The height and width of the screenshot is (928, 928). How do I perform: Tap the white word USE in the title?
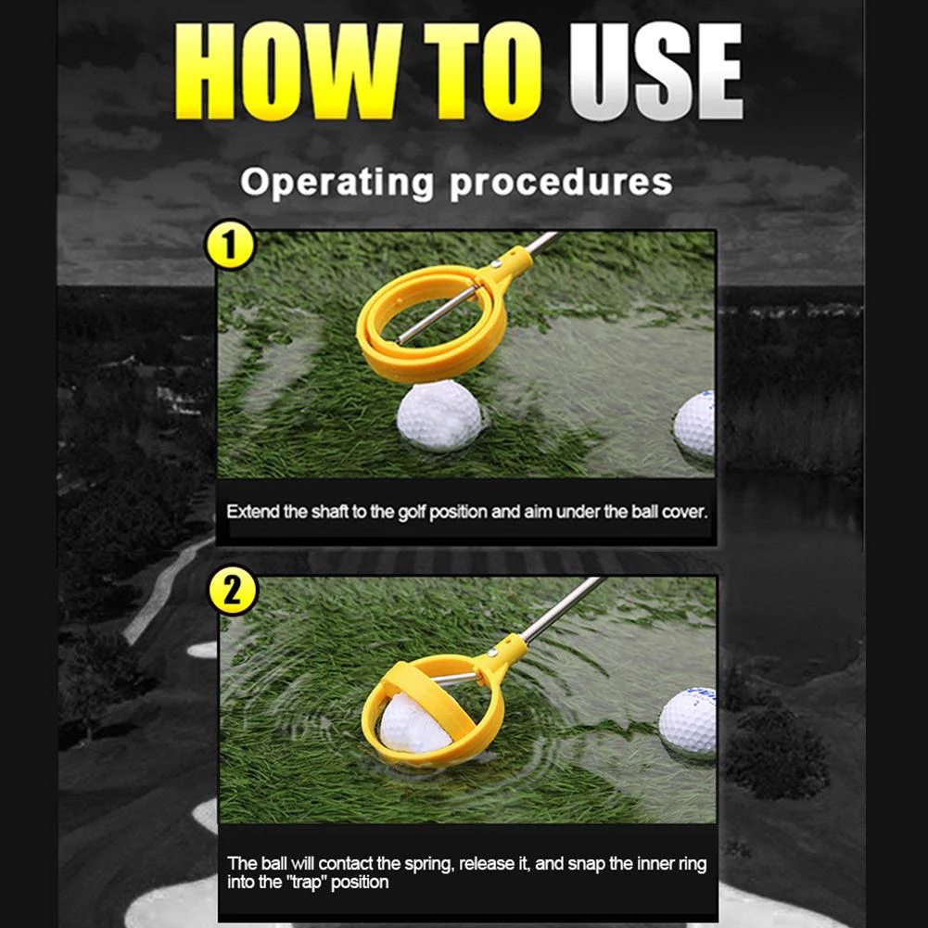pyautogui.click(x=655, y=71)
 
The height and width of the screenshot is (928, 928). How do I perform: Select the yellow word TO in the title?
pyautogui.click(x=482, y=71)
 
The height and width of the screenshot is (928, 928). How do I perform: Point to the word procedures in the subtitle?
pyautogui.click(x=561, y=183)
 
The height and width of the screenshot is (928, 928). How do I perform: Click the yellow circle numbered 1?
pyautogui.click(x=230, y=245)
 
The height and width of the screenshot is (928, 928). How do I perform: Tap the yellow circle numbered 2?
pyautogui.click(x=233, y=590)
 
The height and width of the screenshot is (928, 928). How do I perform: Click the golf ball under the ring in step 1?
pyautogui.click(x=440, y=415)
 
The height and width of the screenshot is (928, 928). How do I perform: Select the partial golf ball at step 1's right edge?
pyautogui.click(x=694, y=424)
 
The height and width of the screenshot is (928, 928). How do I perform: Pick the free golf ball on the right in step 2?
pyautogui.click(x=688, y=721)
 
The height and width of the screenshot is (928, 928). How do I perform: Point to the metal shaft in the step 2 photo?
pyautogui.click(x=559, y=610)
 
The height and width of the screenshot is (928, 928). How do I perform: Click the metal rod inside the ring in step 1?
pyautogui.click(x=437, y=314)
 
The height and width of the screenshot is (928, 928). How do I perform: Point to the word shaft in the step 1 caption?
pyautogui.click(x=330, y=512)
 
